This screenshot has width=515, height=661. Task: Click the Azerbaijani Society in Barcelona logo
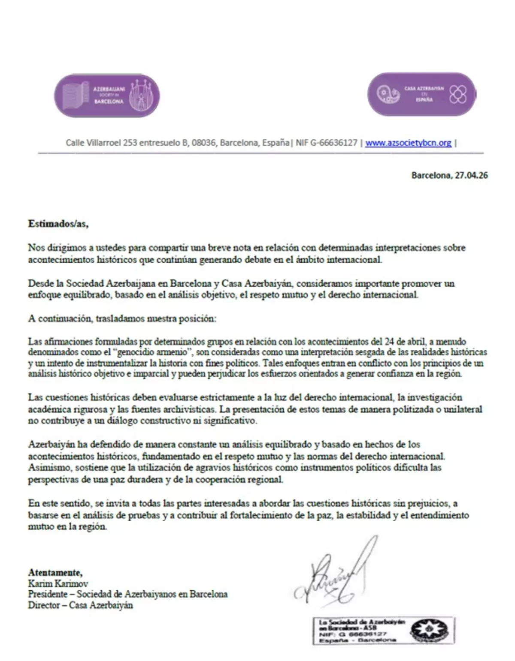tap(107, 95)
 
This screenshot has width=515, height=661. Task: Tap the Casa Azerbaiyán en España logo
tap(422, 94)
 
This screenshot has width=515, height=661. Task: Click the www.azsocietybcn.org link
tap(408, 143)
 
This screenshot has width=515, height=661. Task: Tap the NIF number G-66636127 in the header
tap(333, 143)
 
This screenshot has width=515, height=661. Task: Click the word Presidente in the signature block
tap(48, 594)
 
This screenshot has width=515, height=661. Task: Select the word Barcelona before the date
tap(431, 175)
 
